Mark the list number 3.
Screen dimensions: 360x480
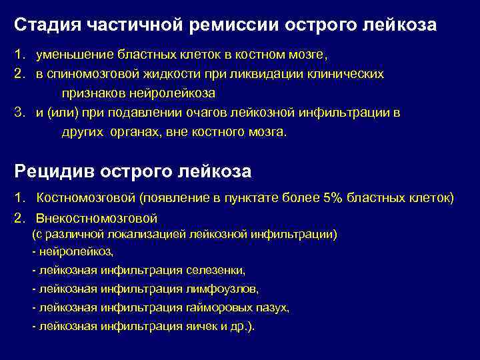[x=19, y=113]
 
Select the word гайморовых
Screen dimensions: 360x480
[x=219, y=308]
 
